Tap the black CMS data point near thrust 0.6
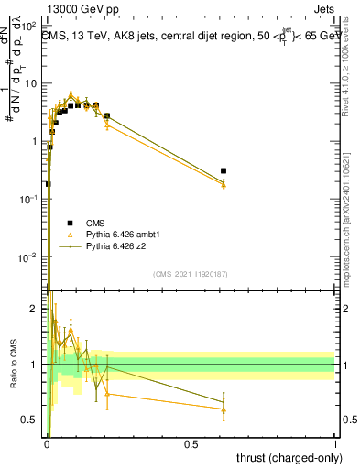(224, 171)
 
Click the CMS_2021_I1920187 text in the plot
(190, 275)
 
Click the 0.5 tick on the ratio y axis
(33, 420)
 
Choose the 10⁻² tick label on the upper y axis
(31, 256)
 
